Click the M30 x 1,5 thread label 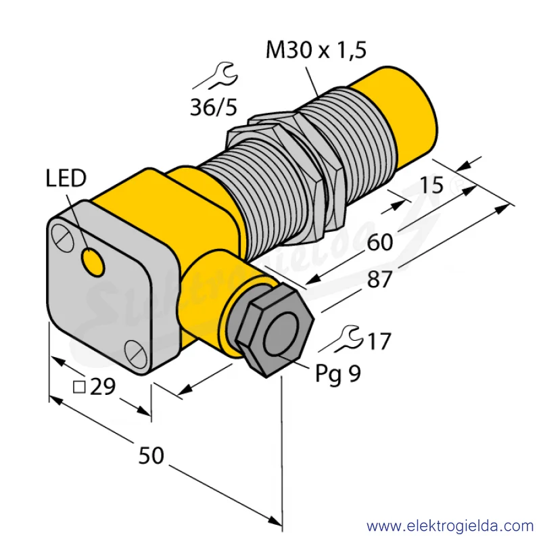click(x=316, y=51)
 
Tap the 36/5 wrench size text click(x=214, y=107)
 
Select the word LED click(x=66, y=178)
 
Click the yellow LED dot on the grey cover click(x=93, y=262)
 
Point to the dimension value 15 click(x=431, y=185)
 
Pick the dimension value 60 click(x=380, y=242)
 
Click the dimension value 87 click(x=380, y=279)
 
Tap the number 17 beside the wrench click(x=379, y=342)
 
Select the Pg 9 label click(x=338, y=374)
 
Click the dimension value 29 click(x=103, y=386)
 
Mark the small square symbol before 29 click(x=79, y=387)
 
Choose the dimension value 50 click(x=151, y=455)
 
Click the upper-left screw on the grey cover click(x=62, y=237)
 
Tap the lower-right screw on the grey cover click(x=135, y=353)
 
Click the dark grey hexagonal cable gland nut click(x=275, y=330)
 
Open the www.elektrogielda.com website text click(x=450, y=527)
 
